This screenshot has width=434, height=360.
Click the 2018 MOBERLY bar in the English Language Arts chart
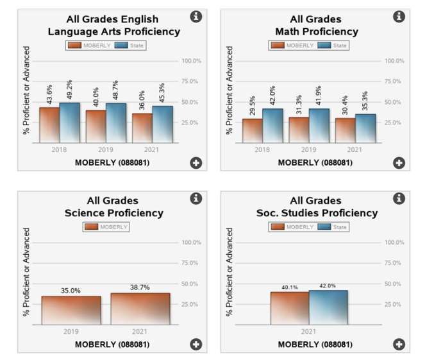coord(49,124)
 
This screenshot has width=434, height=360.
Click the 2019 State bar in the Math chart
coord(319,125)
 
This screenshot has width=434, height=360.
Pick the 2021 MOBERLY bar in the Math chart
coord(345,130)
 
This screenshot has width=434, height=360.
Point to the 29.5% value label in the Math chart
coord(252,106)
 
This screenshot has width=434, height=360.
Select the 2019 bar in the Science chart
coord(71,310)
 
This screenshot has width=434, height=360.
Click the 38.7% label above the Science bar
coord(140,287)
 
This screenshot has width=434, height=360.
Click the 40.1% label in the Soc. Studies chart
coord(289,287)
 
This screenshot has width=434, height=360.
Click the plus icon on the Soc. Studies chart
coord(399,344)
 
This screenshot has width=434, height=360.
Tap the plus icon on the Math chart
coord(399,163)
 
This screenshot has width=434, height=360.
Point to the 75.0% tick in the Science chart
coord(191,263)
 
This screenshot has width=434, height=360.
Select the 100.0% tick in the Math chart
coord(394,61)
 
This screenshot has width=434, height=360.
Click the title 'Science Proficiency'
coord(114,213)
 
